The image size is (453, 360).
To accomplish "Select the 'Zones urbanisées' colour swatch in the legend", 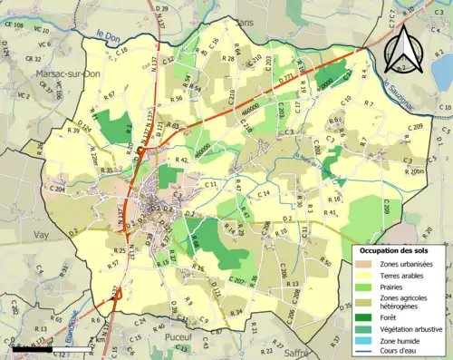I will pyautogui.click(x=364, y=264).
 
